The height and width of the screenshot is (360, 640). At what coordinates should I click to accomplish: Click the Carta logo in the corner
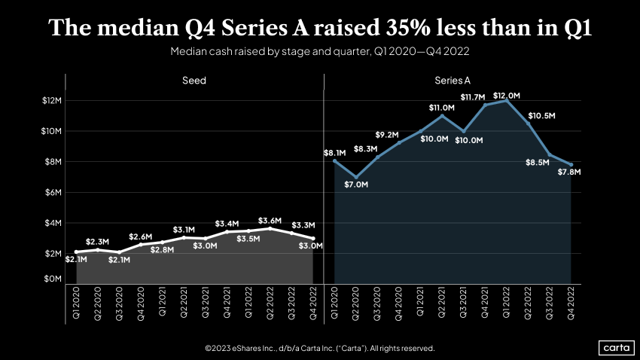(615, 347)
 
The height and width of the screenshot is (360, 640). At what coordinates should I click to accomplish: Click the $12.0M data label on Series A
(506, 96)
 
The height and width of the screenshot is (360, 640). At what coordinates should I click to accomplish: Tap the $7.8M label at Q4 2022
(569, 172)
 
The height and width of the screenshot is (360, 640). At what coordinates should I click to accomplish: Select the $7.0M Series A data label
(356, 185)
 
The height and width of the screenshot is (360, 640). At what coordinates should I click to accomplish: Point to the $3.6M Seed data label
(269, 221)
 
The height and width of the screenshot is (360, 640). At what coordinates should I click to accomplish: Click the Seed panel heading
(194, 81)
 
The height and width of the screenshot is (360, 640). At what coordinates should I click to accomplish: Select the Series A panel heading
(453, 81)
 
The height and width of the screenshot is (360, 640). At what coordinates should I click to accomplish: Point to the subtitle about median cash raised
(320, 53)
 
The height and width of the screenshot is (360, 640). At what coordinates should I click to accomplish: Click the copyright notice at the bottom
(320, 348)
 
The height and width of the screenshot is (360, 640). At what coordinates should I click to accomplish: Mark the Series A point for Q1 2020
(334, 161)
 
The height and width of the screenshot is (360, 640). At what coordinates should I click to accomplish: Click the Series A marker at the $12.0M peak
(506, 101)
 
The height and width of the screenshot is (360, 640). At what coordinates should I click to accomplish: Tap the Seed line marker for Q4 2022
(312, 238)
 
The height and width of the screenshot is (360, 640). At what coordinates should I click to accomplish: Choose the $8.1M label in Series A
(334, 153)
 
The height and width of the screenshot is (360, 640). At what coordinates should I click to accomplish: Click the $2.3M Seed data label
(98, 241)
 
